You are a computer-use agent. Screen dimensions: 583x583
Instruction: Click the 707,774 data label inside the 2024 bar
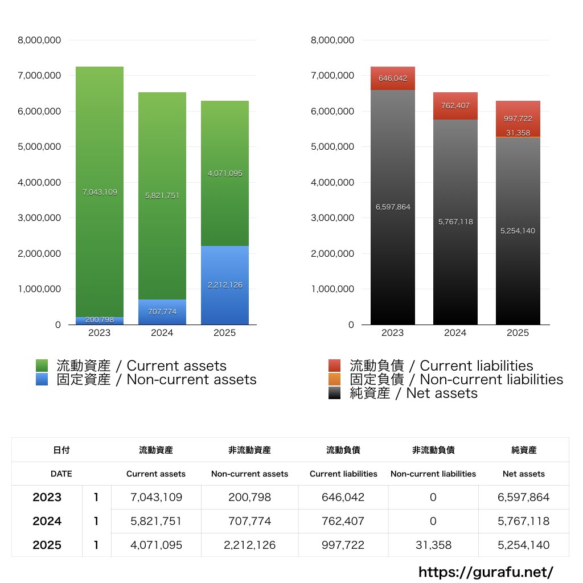162,312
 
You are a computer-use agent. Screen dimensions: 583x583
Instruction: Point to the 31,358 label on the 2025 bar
518,133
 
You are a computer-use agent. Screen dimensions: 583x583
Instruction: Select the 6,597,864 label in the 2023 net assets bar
393,207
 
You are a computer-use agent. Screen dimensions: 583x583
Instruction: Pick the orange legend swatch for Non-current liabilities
335,379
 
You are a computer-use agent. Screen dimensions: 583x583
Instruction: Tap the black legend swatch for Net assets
335,393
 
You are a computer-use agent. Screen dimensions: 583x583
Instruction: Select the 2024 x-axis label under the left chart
162,332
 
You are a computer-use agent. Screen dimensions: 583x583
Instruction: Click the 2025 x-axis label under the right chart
518,332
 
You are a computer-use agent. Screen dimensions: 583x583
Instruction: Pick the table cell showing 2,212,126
250,545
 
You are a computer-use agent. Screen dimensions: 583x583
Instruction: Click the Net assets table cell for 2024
524,521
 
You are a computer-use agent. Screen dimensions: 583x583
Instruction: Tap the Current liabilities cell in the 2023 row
343,497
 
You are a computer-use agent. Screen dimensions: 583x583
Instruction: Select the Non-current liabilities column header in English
433,474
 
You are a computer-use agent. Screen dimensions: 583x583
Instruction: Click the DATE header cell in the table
61,474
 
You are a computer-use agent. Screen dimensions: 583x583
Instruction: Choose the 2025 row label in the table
47,545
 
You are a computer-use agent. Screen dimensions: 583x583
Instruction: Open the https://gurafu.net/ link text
486,572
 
